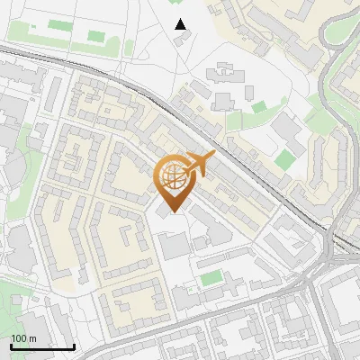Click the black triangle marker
181,24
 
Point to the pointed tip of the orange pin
173,212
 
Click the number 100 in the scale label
19,338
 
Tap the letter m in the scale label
31,338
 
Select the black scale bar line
42,346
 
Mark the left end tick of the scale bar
11,345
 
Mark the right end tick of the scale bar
74,345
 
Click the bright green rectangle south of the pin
211,278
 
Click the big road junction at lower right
328,261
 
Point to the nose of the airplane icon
214,157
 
